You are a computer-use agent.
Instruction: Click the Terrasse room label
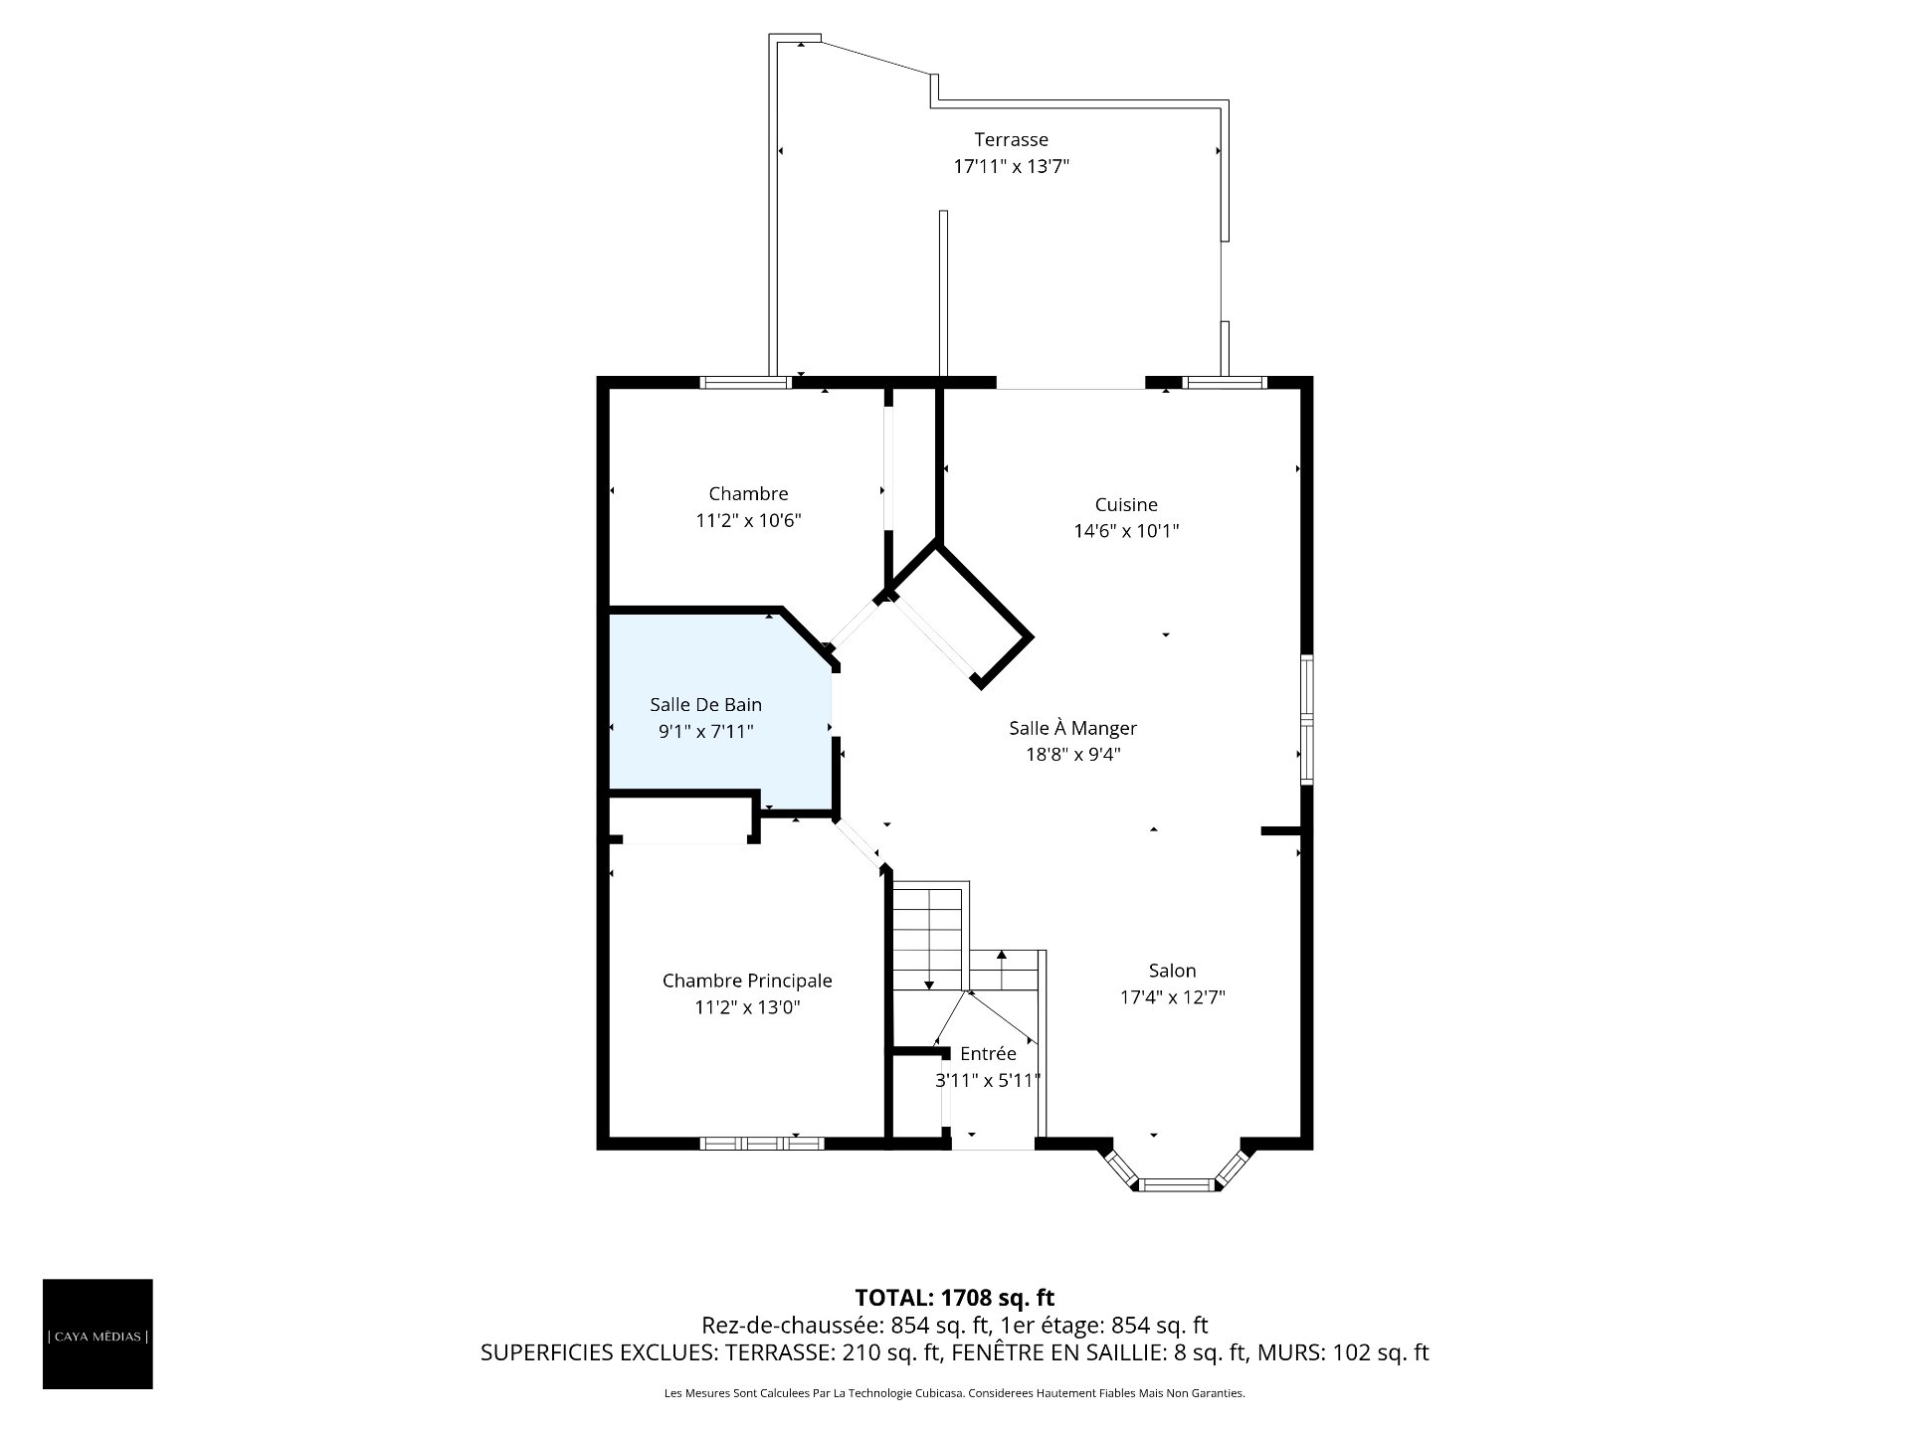pyautogui.click(x=1011, y=139)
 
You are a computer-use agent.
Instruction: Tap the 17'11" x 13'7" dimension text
pyautogui.click(x=1011, y=166)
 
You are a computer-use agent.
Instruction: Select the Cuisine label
pyautogui.click(x=1126, y=504)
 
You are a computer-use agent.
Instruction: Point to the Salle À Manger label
pyautogui.click(x=1072, y=727)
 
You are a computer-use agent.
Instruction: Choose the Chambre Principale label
pyautogui.click(x=747, y=981)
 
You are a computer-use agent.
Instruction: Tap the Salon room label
pyautogui.click(x=1172, y=971)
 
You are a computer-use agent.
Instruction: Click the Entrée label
pyautogui.click(x=988, y=1053)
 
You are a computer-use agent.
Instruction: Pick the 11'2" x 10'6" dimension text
pyautogui.click(x=748, y=520)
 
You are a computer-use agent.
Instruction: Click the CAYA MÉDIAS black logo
pyautogui.click(x=97, y=1334)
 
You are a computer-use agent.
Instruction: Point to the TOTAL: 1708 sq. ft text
pyautogui.click(x=955, y=1297)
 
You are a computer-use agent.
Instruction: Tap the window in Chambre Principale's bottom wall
pyautogui.click(x=762, y=1144)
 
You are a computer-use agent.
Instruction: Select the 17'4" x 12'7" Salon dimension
pyautogui.click(x=1172, y=997)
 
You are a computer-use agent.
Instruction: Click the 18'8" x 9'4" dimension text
pyautogui.click(x=1073, y=754)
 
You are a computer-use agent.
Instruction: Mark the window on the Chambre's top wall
pyautogui.click(x=746, y=382)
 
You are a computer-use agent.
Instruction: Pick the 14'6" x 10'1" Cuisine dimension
pyautogui.click(x=1126, y=531)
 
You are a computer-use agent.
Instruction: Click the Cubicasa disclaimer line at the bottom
pyautogui.click(x=955, y=1393)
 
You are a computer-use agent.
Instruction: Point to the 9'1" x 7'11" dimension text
pyautogui.click(x=706, y=732)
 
